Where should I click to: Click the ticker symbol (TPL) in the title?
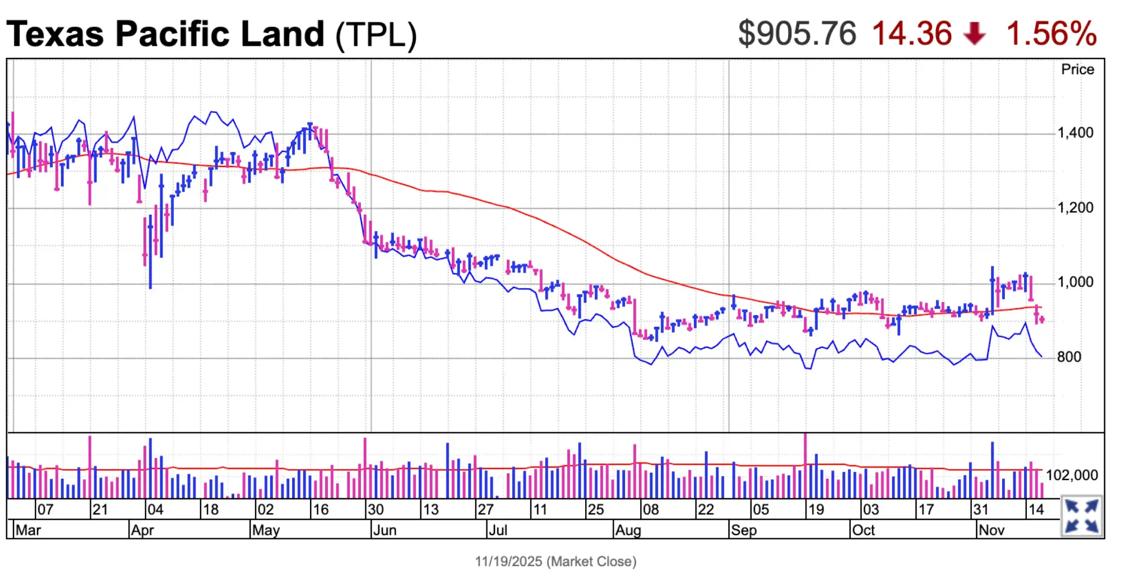pyautogui.click(x=376, y=35)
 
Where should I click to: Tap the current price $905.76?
pyautogui.click(x=796, y=33)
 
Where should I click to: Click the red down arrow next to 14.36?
pyautogui.click(x=975, y=34)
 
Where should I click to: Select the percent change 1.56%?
pyautogui.click(x=1051, y=33)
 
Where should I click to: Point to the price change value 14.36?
pyautogui.click(x=912, y=33)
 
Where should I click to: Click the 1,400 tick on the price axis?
pyautogui.click(x=1075, y=133)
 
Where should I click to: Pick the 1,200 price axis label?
pyautogui.click(x=1075, y=208)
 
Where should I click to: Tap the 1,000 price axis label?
pyautogui.click(x=1075, y=282)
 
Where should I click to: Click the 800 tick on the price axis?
pyautogui.click(x=1069, y=357)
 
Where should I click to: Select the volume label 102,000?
pyautogui.click(x=1072, y=475)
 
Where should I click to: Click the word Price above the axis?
pyautogui.click(x=1077, y=70)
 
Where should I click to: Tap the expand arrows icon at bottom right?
pyautogui.click(x=1081, y=516)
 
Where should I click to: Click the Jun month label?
pyautogui.click(x=385, y=530)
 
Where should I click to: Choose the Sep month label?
pyautogui.click(x=744, y=530)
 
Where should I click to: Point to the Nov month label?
pyautogui.click(x=991, y=530)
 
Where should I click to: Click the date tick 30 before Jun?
pyautogui.click(x=376, y=510)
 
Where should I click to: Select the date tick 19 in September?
pyautogui.click(x=816, y=510)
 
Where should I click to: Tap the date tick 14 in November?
pyautogui.click(x=1036, y=510)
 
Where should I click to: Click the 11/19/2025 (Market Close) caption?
pyautogui.click(x=555, y=561)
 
